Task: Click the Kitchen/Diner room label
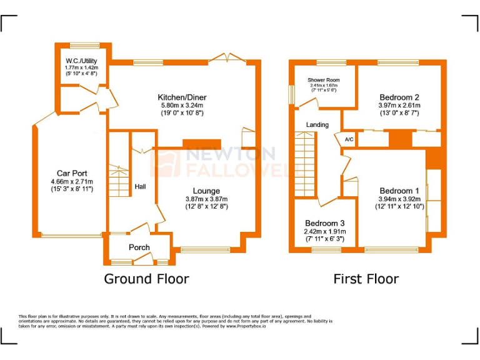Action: [182, 97]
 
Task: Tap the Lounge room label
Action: [206, 191]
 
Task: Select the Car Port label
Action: [72, 173]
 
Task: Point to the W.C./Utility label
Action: [82, 61]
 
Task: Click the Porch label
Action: [139, 247]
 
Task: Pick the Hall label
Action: [141, 186]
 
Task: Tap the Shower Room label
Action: [323, 80]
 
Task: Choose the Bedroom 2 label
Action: [399, 97]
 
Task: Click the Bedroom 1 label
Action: [399, 191]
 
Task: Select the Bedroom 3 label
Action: [324, 223]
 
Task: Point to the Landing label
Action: [317, 125]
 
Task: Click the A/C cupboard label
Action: [349, 139]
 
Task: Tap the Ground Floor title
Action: [146, 278]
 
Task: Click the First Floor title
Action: [366, 278]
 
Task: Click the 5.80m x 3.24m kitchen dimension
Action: [182, 106]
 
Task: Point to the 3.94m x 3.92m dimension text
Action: [399, 199]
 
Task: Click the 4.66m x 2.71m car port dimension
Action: [72, 181]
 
